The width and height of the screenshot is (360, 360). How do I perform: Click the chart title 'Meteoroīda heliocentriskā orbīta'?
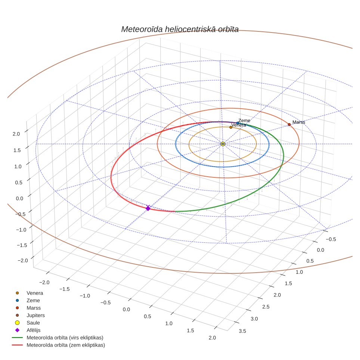tap(180, 29)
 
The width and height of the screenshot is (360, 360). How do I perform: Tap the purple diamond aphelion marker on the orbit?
tap(148, 208)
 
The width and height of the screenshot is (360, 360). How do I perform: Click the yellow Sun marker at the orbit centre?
tap(223, 144)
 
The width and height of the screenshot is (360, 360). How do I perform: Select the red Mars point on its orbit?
tap(289, 124)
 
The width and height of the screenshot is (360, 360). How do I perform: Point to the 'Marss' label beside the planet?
tap(299, 122)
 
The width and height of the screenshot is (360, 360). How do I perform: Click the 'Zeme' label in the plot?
tap(244, 121)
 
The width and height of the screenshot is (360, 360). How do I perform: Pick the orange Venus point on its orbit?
tap(231, 127)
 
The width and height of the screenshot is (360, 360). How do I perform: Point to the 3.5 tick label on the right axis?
tap(242, 331)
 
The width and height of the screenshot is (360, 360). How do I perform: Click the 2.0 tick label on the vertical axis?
tap(16, 134)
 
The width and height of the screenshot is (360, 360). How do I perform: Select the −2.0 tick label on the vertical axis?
tap(23, 260)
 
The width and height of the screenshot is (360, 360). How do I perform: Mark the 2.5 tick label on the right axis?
tap(266, 307)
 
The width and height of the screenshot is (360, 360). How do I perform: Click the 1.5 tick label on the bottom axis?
tap(190, 330)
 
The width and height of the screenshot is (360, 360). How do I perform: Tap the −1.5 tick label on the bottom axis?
tap(65, 289)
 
